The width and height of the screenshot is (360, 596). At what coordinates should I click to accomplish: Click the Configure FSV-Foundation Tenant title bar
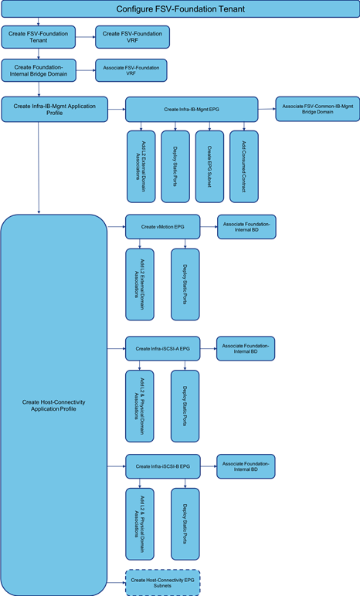180,9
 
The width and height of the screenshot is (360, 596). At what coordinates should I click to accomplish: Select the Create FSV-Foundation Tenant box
39,37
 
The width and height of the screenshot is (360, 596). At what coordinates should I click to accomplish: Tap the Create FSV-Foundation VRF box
132,37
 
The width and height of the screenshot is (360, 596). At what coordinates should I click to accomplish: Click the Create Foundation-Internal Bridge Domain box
39,70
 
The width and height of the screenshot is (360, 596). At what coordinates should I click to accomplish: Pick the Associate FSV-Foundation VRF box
131,70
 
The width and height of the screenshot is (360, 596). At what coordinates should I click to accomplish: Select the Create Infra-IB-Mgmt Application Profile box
54,110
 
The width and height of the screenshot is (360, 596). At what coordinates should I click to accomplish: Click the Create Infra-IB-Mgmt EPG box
192,110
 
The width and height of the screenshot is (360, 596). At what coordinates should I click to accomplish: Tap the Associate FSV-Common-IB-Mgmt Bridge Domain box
318,109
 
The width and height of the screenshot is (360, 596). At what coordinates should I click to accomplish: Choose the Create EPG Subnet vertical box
209,167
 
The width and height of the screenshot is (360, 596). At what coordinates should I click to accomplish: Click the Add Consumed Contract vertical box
244,167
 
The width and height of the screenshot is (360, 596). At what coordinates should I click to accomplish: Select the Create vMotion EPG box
162,227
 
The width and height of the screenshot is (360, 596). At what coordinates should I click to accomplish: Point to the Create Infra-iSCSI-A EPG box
162,348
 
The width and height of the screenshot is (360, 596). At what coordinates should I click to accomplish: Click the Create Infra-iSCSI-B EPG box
162,466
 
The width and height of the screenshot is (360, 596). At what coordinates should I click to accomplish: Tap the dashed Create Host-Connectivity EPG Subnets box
162,583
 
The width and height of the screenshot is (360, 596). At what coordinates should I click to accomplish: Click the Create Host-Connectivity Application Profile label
53,405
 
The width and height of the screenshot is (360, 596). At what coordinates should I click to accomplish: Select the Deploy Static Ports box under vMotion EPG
185,284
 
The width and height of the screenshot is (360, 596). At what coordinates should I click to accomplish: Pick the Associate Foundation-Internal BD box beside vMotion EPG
246,227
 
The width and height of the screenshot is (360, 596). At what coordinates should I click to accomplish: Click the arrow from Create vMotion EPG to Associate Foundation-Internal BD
209,227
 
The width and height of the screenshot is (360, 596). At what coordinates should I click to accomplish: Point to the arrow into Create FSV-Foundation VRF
85,37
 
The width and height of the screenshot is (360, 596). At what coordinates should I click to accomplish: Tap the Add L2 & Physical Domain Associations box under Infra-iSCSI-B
140,523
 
